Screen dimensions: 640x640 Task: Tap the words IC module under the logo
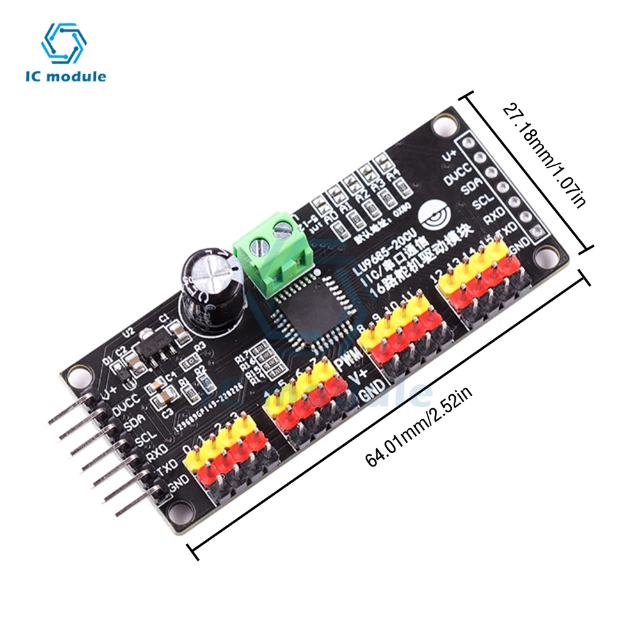coord(66,77)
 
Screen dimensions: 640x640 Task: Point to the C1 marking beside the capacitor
coord(164,318)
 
